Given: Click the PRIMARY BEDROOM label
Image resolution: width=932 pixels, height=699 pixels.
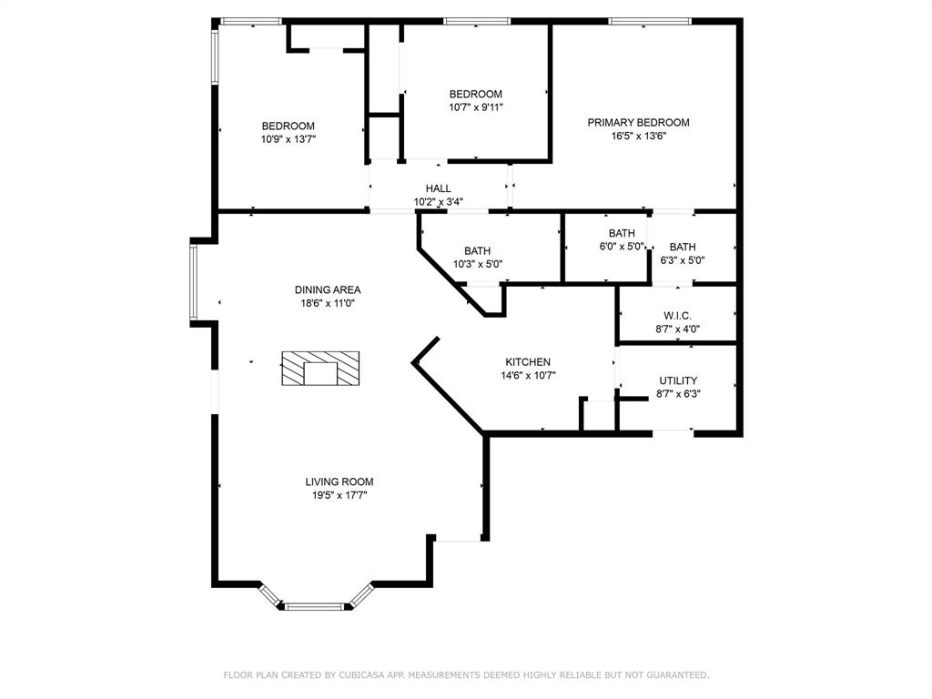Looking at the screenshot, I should tap(638, 123).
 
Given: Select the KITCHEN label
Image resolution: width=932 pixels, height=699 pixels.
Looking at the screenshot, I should tap(528, 362).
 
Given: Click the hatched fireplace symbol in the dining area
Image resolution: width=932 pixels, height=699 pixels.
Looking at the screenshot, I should tap(319, 370).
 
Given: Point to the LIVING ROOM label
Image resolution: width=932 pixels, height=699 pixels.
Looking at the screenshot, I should tap(339, 482).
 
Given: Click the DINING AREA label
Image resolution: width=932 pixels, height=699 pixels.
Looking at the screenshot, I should tap(327, 290).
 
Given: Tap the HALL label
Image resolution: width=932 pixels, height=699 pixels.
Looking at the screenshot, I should tap(438, 189).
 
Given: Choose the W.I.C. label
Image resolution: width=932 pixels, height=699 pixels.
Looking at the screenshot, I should tap(677, 316).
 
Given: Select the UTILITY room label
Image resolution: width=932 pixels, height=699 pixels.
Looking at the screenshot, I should tap(678, 381).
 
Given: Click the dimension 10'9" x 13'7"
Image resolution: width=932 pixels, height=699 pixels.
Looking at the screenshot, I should tap(289, 139).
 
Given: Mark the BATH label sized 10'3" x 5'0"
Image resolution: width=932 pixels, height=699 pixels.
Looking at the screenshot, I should tap(477, 251).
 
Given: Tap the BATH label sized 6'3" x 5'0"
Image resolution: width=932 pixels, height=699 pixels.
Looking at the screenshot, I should tap(683, 248).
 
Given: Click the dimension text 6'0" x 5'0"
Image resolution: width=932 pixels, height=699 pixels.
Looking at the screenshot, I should tap(623, 247).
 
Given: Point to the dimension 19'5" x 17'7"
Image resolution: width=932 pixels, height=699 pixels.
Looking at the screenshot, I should tap(339, 496).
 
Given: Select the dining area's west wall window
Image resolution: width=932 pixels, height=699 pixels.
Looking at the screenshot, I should tap(193, 280).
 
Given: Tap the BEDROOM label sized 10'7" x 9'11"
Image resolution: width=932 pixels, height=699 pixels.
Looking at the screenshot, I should tap(475, 95).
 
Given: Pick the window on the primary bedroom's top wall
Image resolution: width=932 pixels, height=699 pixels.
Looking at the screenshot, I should tap(649, 21).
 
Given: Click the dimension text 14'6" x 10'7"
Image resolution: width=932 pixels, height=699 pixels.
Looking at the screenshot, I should tap(528, 375).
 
